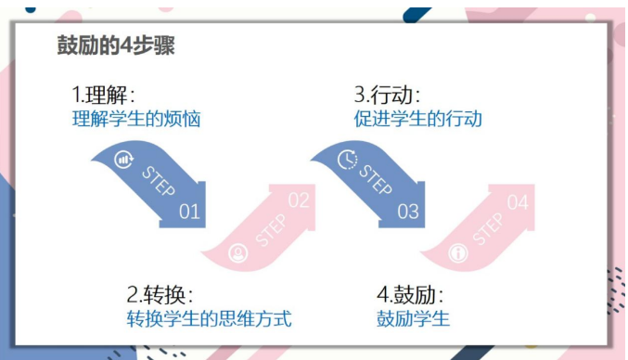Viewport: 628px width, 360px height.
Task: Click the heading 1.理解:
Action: pos(105,96)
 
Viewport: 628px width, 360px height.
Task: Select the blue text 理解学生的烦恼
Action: pos(136,119)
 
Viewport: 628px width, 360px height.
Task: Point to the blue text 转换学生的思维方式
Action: pos(210,320)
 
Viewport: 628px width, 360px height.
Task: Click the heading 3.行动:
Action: pos(388,96)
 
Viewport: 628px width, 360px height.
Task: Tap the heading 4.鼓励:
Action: pos(410,296)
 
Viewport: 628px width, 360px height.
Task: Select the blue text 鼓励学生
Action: pos(413,320)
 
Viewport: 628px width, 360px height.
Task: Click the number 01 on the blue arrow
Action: pos(189,212)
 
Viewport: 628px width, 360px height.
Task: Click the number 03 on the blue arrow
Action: pos(408,212)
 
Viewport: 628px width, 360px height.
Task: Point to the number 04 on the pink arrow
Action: pos(518,201)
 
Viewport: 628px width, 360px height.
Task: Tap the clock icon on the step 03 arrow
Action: pos(346,159)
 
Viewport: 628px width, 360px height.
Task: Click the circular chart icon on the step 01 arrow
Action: pos(123,160)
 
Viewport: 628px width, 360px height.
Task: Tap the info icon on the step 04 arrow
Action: pos(456,251)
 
